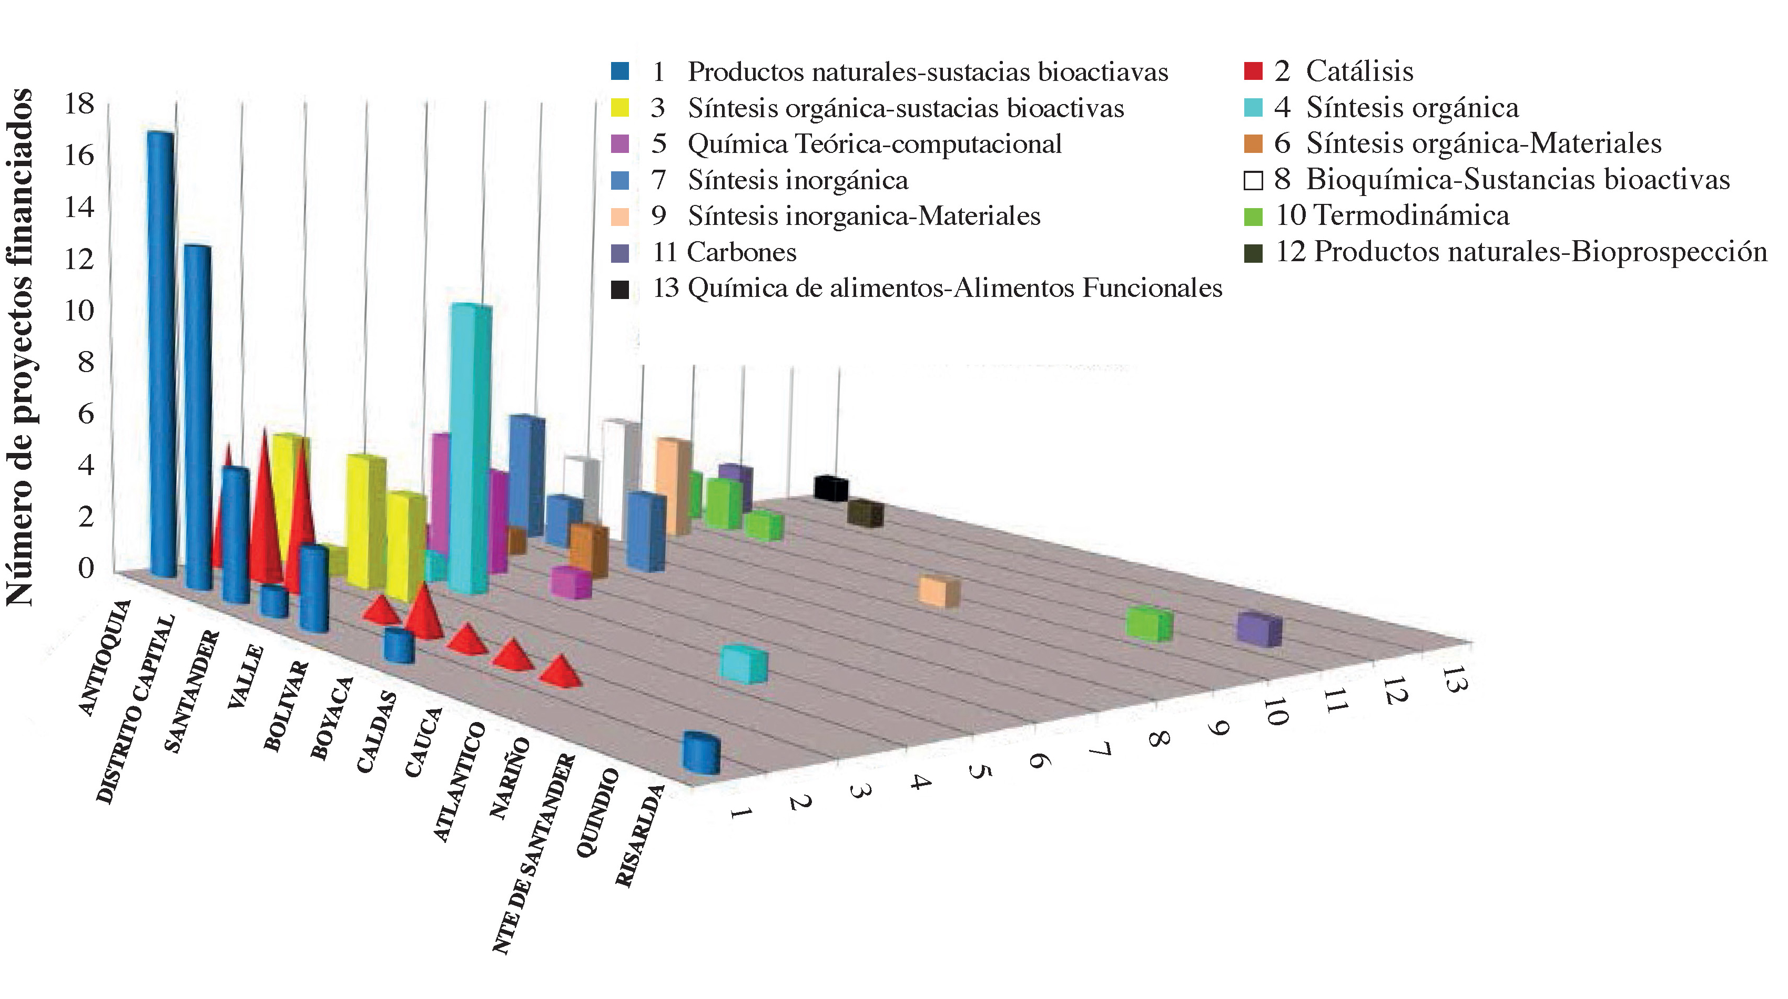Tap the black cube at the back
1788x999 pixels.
pyautogui.click(x=831, y=488)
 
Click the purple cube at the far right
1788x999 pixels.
pyautogui.click(x=1259, y=629)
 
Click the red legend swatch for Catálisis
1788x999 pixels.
pyautogui.click(x=1253, y=71)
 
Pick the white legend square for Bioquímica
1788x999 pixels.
pyautogui.click(x=1253, y=180)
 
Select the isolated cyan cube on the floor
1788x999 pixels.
pyautogui.click(x=744, y=663)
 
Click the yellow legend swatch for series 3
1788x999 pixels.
pyautogui.click(x=620, y=108)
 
